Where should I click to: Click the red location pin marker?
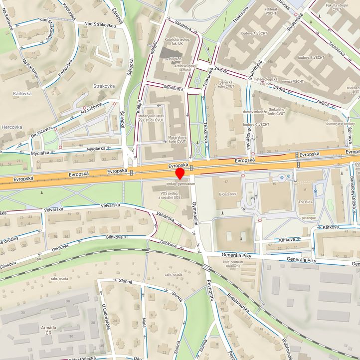coord(180,173)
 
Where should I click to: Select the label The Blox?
coord(305,201)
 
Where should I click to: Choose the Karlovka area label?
coord(22,93)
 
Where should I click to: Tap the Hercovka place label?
coord(11,127)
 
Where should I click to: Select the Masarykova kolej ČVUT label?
coord(177,139)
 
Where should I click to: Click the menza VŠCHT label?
coord(293,81)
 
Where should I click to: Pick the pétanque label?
coord(309,218)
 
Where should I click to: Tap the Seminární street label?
coord(174,88)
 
